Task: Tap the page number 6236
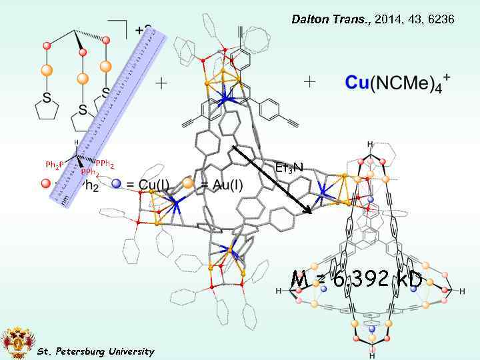click(441, 20)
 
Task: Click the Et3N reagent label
click(289, 167)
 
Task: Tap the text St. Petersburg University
click(95, 351)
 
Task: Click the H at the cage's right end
click(462, 291)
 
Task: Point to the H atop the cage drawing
click(370, 145)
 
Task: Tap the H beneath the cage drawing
click(371, 355)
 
